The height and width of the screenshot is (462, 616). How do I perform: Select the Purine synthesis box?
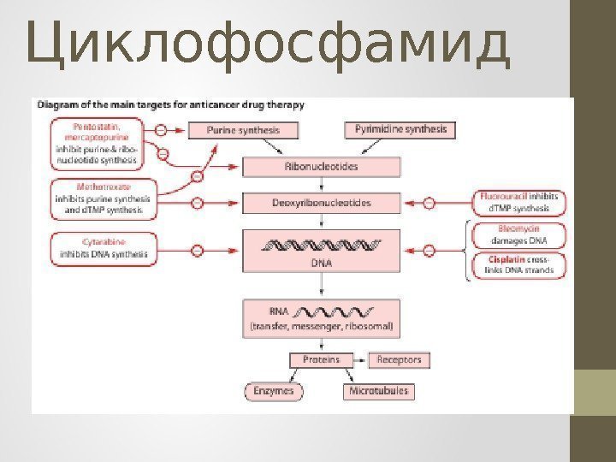coord(253,131)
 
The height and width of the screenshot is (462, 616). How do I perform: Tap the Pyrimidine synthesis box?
coord(401,130)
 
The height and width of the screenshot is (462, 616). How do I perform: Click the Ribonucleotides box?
coord(321,167)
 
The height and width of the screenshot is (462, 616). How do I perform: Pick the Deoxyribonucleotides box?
coord(321,204)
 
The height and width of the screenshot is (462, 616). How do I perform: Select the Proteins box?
coord(321,360)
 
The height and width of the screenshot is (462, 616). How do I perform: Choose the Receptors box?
coord(400,360)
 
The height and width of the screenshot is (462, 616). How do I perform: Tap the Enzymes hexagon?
coord(274,391)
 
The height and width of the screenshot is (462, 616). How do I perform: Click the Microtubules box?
coord(378,391)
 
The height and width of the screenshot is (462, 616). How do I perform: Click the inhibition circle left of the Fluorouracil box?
coord(429,204)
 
